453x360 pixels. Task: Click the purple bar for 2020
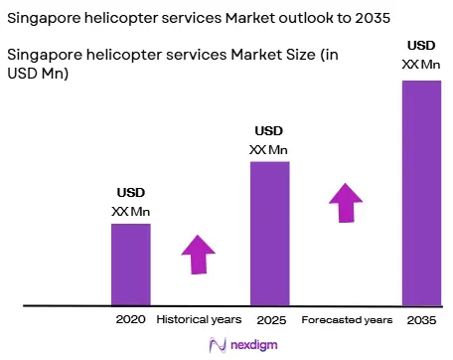point(131,265)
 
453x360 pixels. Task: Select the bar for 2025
point(270,234)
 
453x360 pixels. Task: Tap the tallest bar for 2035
point(422,193)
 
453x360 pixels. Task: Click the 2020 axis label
point(131,319)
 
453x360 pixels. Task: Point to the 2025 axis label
point(271,320)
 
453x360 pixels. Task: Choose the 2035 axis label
point(421,320)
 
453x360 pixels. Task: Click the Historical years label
point(199,320)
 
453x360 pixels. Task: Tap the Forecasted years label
point(347,320)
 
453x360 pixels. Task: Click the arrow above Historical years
point(199,255)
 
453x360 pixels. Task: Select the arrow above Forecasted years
point(346,203)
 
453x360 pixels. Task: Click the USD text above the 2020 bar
point(131,193)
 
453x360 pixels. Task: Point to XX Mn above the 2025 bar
point(268,150)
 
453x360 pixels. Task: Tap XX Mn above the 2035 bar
point(421,65)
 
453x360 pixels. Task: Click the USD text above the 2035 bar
point(421,46)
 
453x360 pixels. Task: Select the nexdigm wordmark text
point(254,345)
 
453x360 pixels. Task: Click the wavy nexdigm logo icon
point(218,345)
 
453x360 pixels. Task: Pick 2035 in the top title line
point(373,18)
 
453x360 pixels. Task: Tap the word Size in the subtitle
point(301,55)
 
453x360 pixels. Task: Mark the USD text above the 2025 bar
point(269,131)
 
